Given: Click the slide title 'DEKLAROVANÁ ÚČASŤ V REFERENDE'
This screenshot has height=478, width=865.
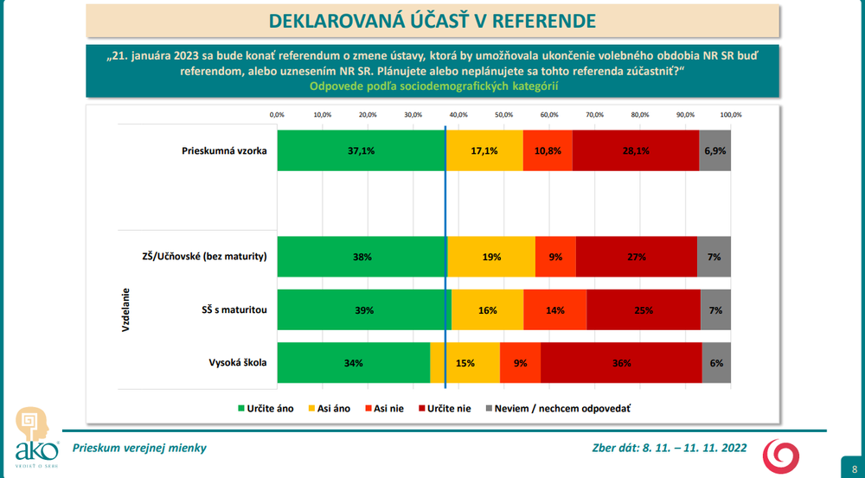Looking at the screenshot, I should [x=432, y=21].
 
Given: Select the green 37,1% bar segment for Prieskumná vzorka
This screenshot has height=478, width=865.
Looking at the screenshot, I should [x=361, y=150].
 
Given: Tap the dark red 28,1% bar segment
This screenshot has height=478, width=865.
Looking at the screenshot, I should [x=635, y=150].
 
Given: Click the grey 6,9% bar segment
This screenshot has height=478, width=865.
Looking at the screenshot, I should [x=715, y=150].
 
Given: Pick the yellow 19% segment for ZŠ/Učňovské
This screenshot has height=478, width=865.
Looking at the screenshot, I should [x=491, y=257].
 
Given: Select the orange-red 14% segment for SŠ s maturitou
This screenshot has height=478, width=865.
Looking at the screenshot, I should [x=554, y=309].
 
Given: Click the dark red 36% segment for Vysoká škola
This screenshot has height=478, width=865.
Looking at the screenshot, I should [x=621, y=363].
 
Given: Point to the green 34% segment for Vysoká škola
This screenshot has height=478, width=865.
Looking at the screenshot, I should [x=353, y=363].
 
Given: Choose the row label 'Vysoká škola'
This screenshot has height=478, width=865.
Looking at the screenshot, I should [x=236, y=363].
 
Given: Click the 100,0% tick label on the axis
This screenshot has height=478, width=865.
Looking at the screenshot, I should [x=731, y=114].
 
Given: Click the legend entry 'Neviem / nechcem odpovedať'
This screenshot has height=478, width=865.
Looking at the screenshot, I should [x=562, y=408].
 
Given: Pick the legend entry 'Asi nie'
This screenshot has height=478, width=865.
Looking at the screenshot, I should [x=386, y=408].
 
